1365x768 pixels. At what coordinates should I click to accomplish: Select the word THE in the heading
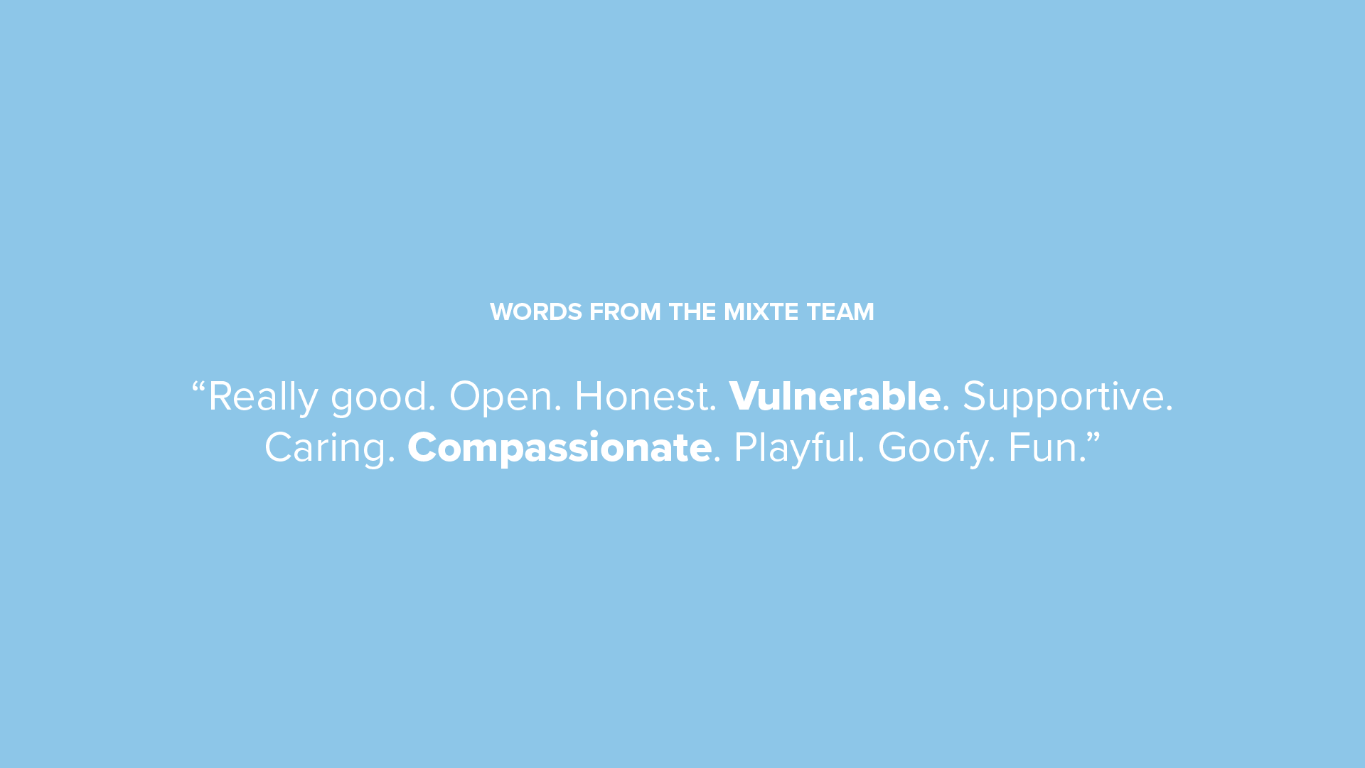click(692, 311)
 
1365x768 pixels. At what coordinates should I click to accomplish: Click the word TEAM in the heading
click(840, 311)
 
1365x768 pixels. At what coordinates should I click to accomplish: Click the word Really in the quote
click(263, 396)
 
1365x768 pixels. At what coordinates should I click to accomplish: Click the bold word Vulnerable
click(835, 395)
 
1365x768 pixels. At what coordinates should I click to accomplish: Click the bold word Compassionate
click(560, 448)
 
